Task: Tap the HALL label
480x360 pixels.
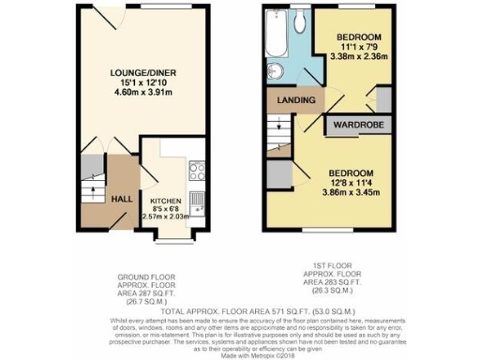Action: (x=122, y=200)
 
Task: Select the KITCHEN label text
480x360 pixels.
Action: (x=166, y=200)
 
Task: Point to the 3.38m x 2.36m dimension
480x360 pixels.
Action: (x=356, y=55)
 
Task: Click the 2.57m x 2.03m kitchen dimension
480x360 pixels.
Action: (x=165, y=217)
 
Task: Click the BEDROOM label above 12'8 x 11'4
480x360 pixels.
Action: (x=350, y=172)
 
